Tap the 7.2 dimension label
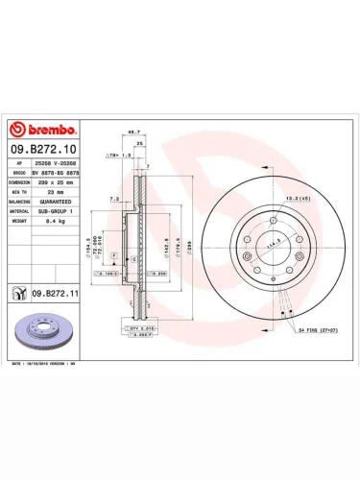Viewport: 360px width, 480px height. point(114,199)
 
